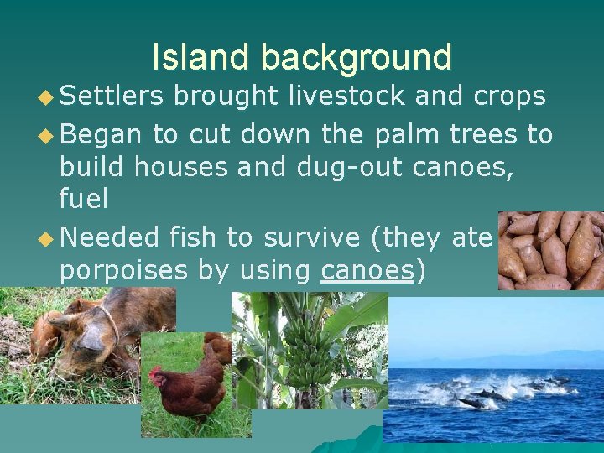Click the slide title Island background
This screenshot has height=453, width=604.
point(302,57)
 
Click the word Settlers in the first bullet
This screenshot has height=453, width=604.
point(113,96)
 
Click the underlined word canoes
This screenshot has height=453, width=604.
point(367,271)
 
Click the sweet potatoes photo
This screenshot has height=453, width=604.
point(549,250)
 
